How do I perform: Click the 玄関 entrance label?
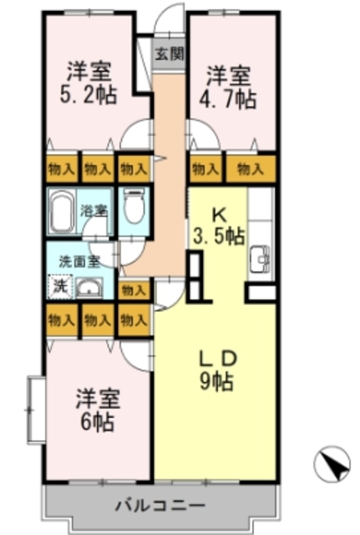[169, 54]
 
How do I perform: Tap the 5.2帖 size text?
[84, 98]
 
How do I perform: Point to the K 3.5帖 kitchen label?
[220, 227]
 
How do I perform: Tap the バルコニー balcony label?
[160, 506]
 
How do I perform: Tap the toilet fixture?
[134, 204]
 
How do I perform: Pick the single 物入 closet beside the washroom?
[134, 290]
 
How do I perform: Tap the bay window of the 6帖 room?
[34, 407]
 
